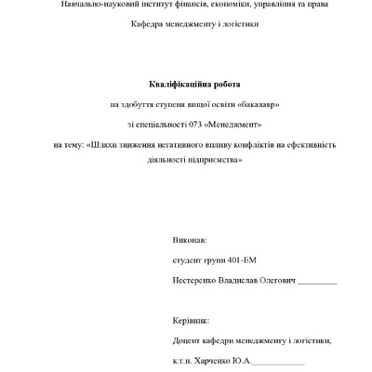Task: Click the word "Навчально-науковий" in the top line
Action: [90, 6]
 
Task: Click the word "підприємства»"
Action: [214, 159]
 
